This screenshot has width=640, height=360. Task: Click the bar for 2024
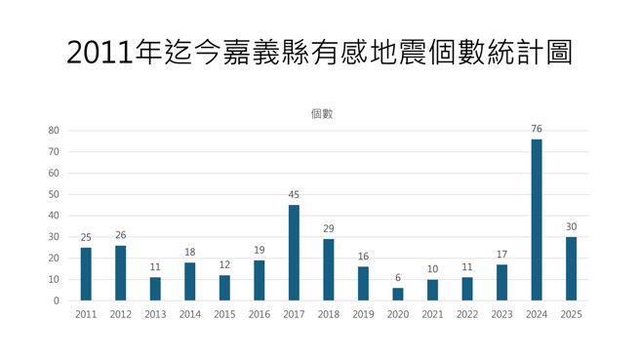pyautogui.click(x=537, y=220)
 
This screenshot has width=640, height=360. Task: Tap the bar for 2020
pyautogui.click(x=398, y=294)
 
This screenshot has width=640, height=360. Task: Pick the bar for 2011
pyautogui.click(x=86, y=274)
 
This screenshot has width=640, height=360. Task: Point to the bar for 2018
pyautogui.click(x=329, y=269)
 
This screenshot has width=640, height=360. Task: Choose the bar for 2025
pyautogui.click(x=571, y=268)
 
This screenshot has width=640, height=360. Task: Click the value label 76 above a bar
pyautogui.click(x=537, y=129)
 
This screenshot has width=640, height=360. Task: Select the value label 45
pyautogui.click(x=294, y=195)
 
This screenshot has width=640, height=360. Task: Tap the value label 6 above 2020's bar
pyautogui.click(x=398, y=278)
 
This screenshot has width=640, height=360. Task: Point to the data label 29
pyautogui.click(x=329, y=229)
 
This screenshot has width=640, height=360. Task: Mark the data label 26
pyautogui.click(x=120, y=235)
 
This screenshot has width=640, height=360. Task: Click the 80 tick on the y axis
pyautogui.click(x=54, y=131)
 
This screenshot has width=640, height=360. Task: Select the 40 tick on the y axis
pyautogui.click(x=54, y=216)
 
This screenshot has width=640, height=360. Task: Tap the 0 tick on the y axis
pyautogui.click(x=57, y=300)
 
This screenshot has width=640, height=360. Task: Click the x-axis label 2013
pyautogui.click(x=155, y=315)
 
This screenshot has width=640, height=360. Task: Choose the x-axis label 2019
pyautogui.click(x=363, y=315)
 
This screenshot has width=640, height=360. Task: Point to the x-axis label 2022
pyautogui.click(x=467, y=315)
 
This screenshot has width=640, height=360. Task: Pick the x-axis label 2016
pyautogui.click(x=260, y=315)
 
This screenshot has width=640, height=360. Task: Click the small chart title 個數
pyautogui.click(x=322, y=113)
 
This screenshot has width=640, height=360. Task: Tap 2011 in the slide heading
pyautogui.click(x=100, y=53)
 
